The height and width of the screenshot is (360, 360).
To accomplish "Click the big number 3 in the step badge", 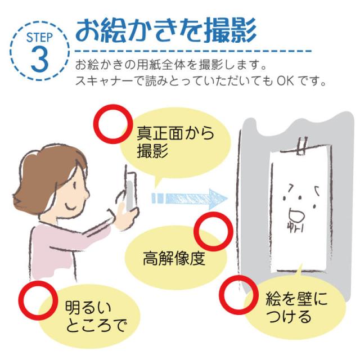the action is (39, 58).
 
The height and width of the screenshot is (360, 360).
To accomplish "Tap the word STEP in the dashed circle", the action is (40, 37).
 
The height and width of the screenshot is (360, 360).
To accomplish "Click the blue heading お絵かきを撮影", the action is (166, 30).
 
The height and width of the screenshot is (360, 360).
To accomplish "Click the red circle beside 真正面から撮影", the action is (112, 124).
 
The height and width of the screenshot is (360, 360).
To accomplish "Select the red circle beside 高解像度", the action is (213, 231).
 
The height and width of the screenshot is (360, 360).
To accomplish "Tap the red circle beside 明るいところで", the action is (38, 300).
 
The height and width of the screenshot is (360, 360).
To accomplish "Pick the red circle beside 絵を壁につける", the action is (238, 295).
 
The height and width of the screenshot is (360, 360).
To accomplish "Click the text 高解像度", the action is (174, 258).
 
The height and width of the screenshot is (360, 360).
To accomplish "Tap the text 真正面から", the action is (175, 133).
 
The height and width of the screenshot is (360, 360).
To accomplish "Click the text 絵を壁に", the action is (296, 299).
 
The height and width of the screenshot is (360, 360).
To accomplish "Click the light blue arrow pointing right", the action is (190, 199).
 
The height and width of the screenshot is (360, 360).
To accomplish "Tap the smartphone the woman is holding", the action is (130, 190).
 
